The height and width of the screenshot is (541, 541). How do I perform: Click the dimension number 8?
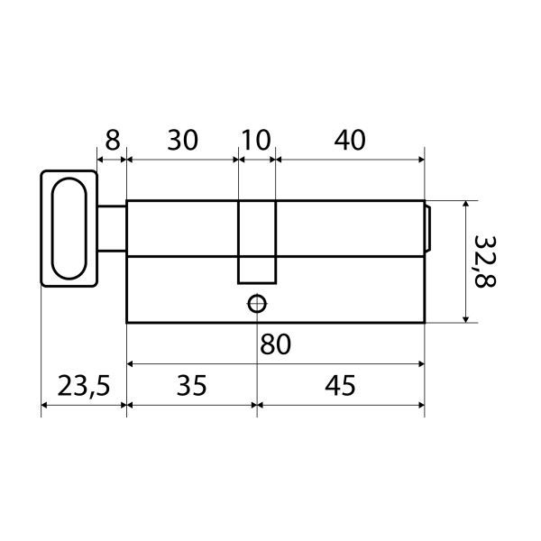coord(113,140)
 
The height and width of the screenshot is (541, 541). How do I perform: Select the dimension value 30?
coord(182,140)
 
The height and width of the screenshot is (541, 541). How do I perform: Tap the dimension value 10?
coord(256,140)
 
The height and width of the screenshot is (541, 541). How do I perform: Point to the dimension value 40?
coord(349,140)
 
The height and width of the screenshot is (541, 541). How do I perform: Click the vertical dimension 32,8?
coord(485,261)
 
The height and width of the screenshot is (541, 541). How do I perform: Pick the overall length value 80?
coord(275,344)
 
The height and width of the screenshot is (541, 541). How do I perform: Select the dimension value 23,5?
coord(84,386)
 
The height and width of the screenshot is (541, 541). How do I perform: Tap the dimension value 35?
coord(191,385)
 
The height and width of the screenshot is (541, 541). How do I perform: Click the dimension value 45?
coord(340,385)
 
